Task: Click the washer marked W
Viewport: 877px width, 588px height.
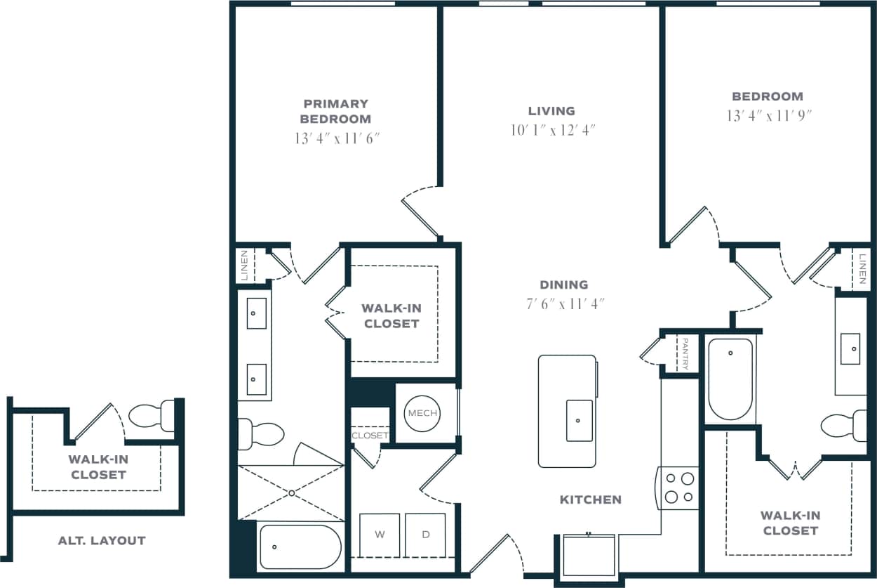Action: tap(380, 535)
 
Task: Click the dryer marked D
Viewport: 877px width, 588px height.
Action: tap(425, 535)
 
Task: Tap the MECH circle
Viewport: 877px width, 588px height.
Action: tap(422, 413)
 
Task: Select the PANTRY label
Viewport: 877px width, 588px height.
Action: tap(685, 353)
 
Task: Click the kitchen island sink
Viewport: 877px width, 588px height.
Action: tap(579, 420)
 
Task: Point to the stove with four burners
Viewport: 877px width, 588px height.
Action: tap(678, 488)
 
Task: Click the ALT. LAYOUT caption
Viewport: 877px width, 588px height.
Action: tap(102, 540)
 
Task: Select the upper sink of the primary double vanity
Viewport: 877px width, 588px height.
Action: tap(257, 313)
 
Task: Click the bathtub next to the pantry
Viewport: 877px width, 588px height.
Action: tap(730, 379)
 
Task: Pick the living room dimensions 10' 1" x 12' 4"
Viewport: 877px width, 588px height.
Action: tap(552, 130)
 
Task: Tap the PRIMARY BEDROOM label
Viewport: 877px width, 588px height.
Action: tap(335, 111)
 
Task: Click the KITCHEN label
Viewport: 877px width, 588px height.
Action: tap(590, 499)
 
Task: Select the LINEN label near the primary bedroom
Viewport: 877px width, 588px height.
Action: tap(244, 265)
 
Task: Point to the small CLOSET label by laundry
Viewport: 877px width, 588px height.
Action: tap(370, 436)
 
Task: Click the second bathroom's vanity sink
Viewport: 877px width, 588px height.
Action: tap(850, 346)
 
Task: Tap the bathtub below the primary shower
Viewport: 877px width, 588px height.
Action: tap(300, 547)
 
